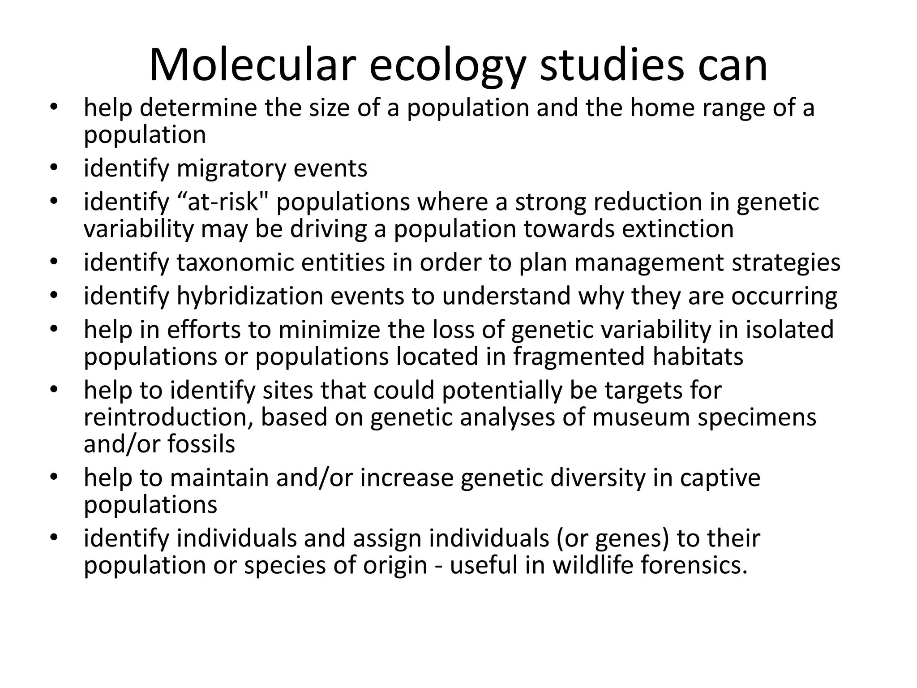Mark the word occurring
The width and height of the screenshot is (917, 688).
coord(784,297)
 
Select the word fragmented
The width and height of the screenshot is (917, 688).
coord(578,357)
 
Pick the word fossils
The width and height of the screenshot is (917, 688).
coord(201,444)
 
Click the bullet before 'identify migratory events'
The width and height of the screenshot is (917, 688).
coord(54,168)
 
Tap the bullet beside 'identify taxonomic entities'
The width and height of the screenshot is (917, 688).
coord(54,262)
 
